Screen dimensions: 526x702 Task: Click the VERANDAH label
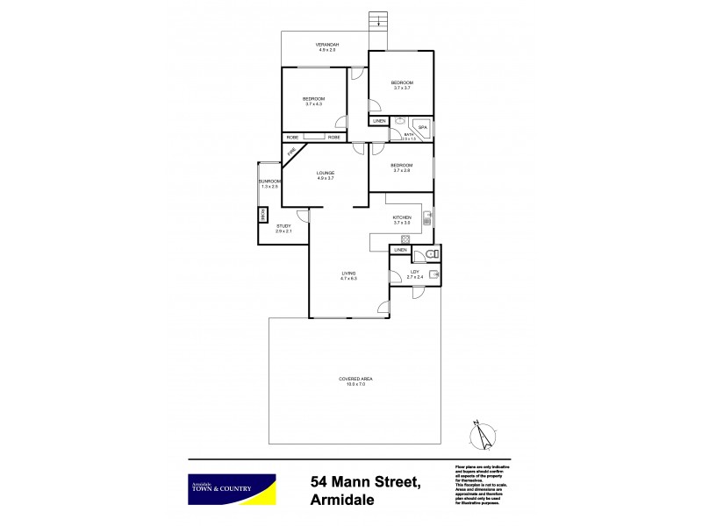[326, 45]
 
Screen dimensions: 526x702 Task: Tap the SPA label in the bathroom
[421, 128]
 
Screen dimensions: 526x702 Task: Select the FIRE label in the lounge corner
[290, 155]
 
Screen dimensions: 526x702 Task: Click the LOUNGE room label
[326, 173]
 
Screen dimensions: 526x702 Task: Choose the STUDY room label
[283, 227]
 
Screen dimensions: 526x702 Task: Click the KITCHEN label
[402, 217]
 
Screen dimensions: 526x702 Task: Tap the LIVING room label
[348, 274]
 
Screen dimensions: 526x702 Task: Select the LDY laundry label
[415, 273]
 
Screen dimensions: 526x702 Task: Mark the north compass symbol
[479, 434]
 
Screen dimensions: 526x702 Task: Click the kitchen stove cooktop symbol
[405, 239]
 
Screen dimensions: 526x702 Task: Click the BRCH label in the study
[261, 214]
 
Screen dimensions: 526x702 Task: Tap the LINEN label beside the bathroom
[378, 121]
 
